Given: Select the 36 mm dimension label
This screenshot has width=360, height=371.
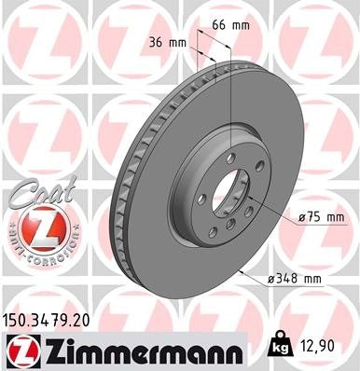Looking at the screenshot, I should pyautogui.click(x=167, y=43).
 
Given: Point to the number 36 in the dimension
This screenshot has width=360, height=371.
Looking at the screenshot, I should pyautogui.click(x=157, y=43).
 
